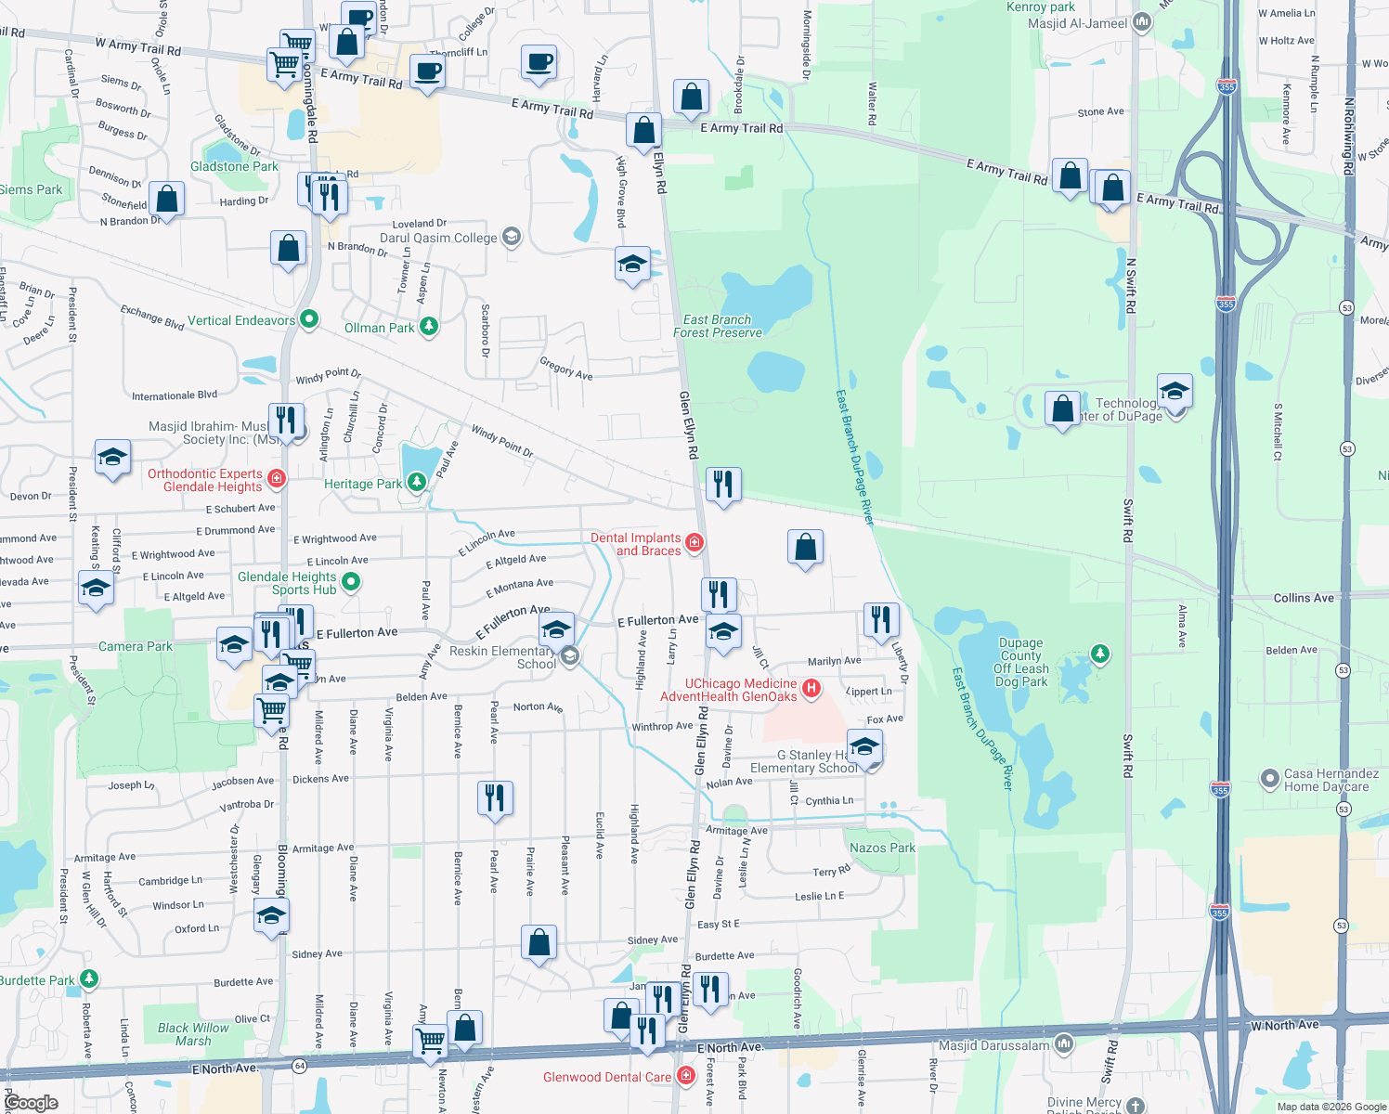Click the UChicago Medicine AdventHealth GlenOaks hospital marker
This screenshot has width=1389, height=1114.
(x=811, y=688)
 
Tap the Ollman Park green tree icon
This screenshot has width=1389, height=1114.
(x=428, y=326)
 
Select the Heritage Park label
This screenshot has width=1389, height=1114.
(x=363, y=484)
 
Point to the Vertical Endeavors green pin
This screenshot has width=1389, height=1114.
(x=309, y=319)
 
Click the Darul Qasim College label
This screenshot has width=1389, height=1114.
(x=438, y=238)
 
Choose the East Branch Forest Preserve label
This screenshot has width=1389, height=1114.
(x=718, y=326)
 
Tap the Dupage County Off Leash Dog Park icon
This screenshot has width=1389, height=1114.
(x=1100, y=654)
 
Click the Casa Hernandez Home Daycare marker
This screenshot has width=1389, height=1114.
(x=1269, y=778)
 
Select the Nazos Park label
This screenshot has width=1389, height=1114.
(x=882, y=848)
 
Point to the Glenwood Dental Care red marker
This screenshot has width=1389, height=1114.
(x=686, y=1075)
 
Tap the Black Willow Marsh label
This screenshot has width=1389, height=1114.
(x=193, y=1034)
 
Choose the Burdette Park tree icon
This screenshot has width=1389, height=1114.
(x=88, y=978)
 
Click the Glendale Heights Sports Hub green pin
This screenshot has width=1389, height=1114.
(x=350, y=581)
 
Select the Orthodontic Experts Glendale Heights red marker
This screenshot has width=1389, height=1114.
(x=276, y=479)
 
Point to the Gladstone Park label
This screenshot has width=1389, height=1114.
(x=234, y=166)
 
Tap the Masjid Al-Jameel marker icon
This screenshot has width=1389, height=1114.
(x=1142, y=21)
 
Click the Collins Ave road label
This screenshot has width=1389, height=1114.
(x=1304, y=598)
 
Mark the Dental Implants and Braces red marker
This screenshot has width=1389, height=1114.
(x=694, y=541)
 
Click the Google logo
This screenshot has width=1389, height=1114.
(x=31, y=1103)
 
